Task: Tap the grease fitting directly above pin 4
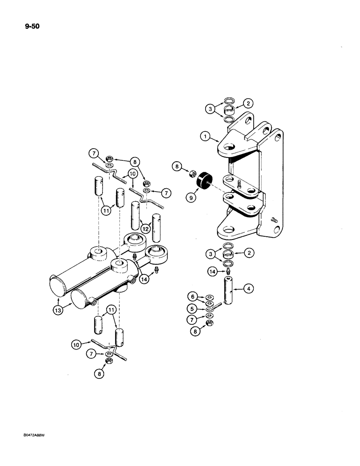[x=228, y=273]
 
